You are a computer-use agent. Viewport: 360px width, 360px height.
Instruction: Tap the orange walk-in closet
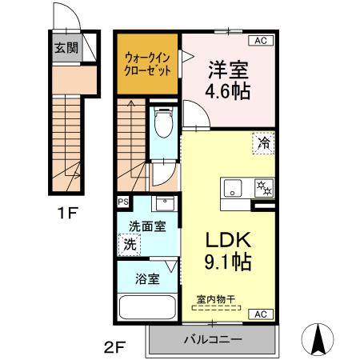pyautogui.click(x=147, y=63)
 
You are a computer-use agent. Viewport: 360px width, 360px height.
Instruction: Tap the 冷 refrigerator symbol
pyautogui.click(x=262, y=143)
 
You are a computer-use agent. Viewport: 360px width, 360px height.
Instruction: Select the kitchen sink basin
pyautogui.click(x=233, y=190)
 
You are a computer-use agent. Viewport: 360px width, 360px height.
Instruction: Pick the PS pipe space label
pyautogui.click(x=123, y=202)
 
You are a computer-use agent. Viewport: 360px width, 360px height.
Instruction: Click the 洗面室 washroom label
pyautogui.click(x=148, y=226)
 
